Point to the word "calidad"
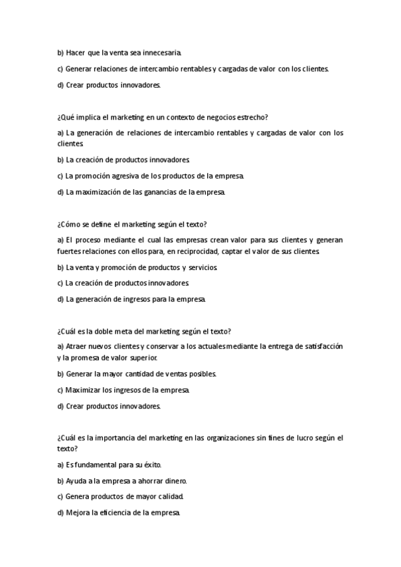pos(169,496)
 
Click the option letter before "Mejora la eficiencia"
pos(61,513)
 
